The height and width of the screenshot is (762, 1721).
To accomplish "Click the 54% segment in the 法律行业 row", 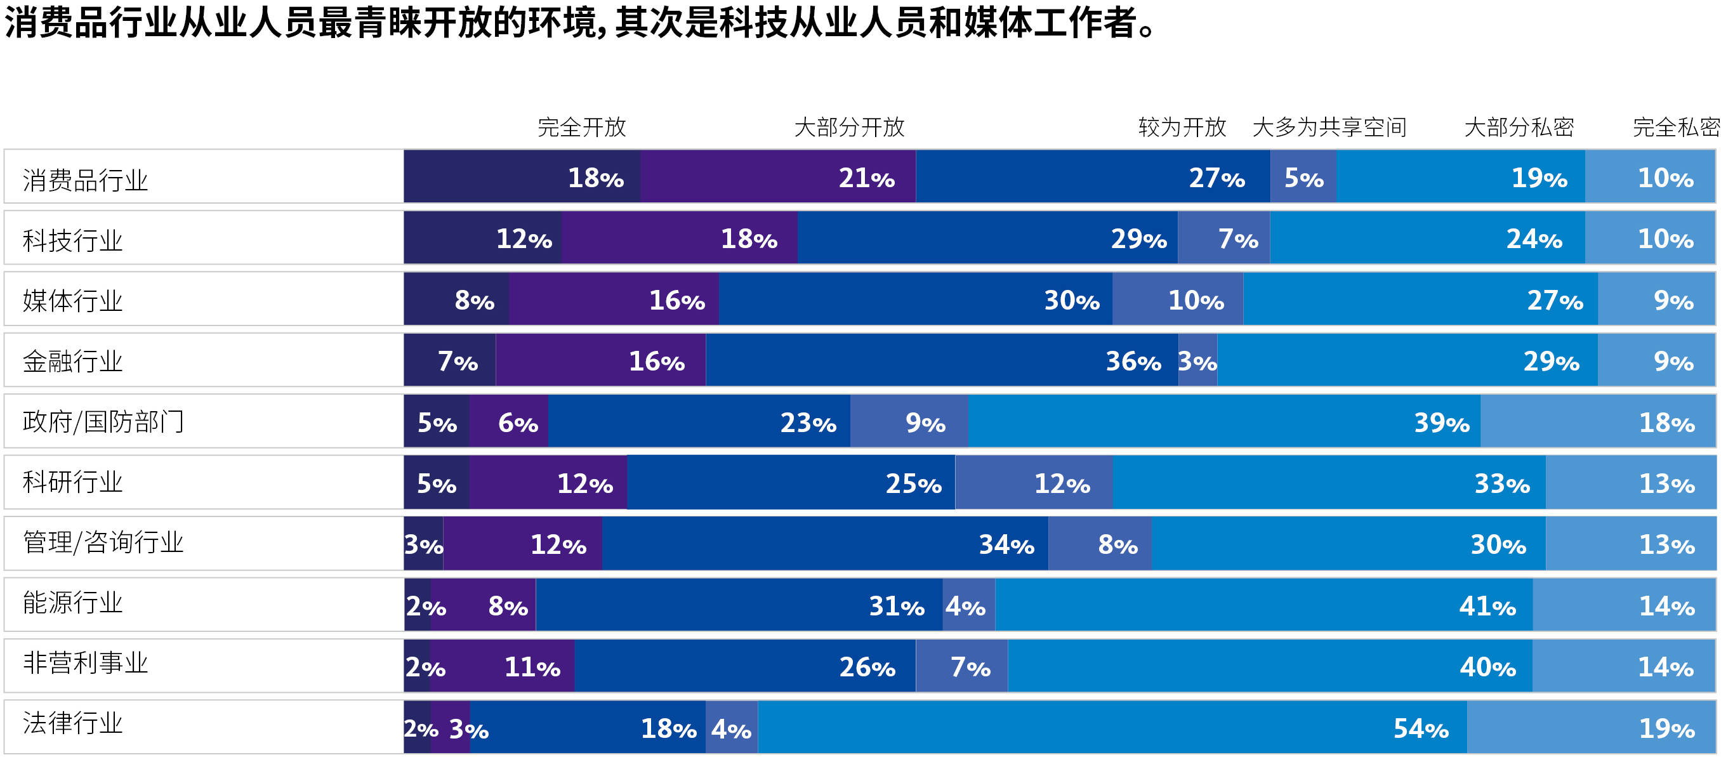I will point(1112,728).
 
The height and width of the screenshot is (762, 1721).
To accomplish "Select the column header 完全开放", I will point(581,127).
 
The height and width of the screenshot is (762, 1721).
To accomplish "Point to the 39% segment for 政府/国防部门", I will point(1224,422).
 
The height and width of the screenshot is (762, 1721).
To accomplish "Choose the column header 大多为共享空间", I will point(1329,127).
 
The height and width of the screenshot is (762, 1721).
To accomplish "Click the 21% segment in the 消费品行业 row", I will point(777,177).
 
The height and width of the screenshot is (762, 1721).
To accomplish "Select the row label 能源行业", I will point(72,603).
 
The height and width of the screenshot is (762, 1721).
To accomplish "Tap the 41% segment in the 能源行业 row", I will point(1263,606).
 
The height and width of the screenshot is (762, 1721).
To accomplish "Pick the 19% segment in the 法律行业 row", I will point(1591,728).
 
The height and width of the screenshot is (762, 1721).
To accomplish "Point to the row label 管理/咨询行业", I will point(103,542).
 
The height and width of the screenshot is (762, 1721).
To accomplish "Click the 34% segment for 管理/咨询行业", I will point(825,544).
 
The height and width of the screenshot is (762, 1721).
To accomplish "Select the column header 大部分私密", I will point(1518,127).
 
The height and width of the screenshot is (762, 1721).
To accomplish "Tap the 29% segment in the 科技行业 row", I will point(987,239).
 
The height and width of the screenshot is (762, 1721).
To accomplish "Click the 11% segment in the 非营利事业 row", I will point(502,666).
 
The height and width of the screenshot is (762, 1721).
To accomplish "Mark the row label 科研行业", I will point(72,482).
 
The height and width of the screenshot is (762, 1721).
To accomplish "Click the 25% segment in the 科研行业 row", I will point(791,483).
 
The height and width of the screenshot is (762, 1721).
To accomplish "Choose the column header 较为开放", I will point(1182,127).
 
